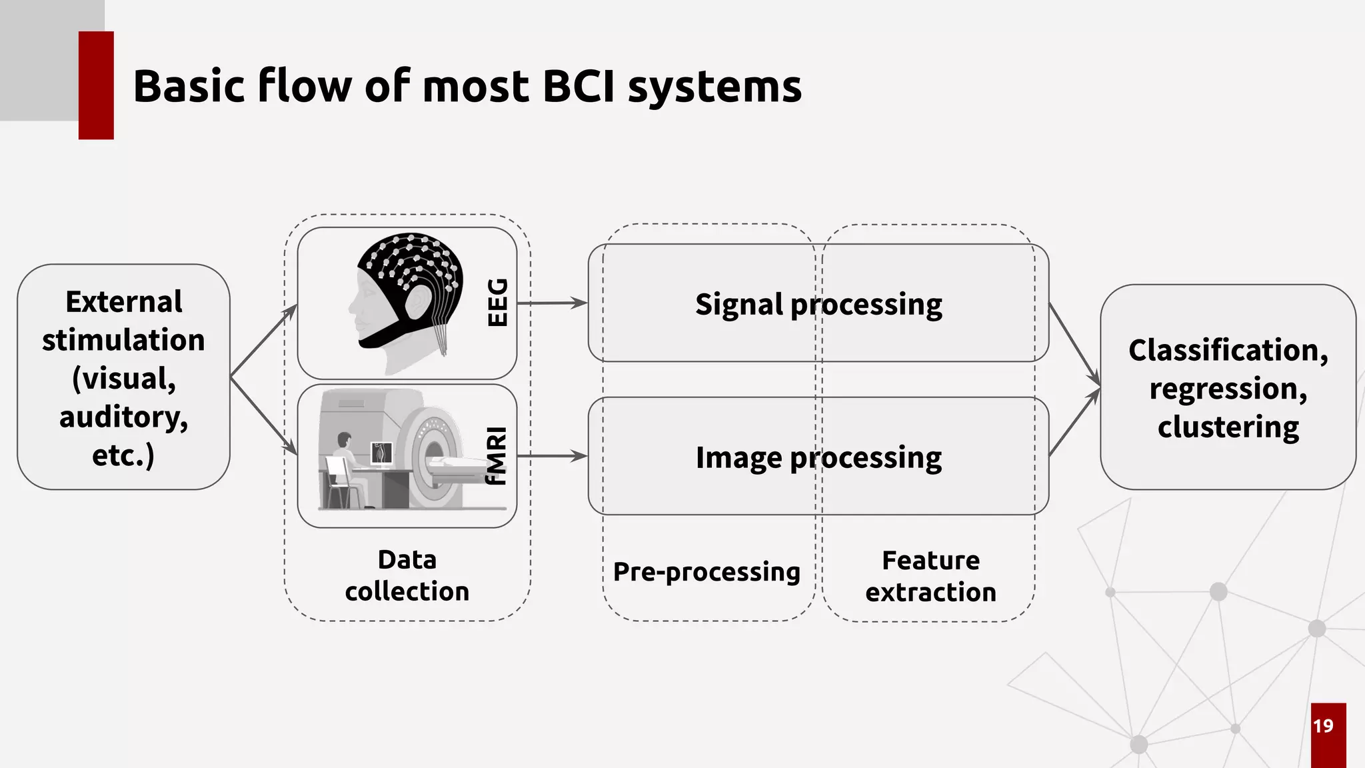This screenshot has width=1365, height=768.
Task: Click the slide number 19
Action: click(x=1323, y=726)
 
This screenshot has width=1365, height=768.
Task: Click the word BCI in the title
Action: click(x=578, y=87)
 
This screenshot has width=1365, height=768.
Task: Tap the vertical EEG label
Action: click(x=498, y=303)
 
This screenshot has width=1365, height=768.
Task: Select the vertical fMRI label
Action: click(x=497, y=456)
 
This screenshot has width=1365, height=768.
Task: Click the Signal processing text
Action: click(x=818, y=305)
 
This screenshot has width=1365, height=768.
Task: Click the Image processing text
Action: click(x=818, y=458)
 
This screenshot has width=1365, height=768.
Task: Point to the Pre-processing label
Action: click(x=706, y=572)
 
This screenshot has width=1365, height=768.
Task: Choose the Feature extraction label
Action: click(x=930, y=576)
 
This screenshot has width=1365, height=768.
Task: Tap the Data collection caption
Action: click(x=407, y=575)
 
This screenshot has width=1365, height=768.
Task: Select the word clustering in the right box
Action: click(x=1228, y=427)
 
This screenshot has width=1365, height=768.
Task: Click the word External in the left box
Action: click(x=124, y=302)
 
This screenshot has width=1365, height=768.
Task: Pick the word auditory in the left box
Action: click(x=124, y=417)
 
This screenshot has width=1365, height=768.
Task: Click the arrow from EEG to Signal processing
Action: click(x=552, y=303)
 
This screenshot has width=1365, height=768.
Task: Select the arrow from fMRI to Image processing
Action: click(x=552, y=456)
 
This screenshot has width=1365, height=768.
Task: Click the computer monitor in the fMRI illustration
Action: click(x=381, y=453)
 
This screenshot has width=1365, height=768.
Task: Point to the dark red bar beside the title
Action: click(x=96, y=85)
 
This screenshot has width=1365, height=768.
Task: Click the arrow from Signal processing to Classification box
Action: click(x=1074, y=345)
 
